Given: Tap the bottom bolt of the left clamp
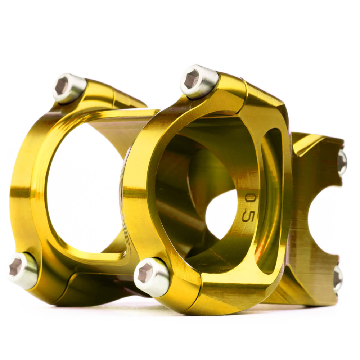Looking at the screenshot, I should pos(22,270).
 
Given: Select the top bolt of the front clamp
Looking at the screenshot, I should pos(199,81).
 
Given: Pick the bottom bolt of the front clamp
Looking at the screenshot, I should pos(152,276).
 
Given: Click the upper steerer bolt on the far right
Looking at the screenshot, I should pos(342,162).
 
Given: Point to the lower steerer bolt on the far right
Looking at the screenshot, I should pos(338,279).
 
